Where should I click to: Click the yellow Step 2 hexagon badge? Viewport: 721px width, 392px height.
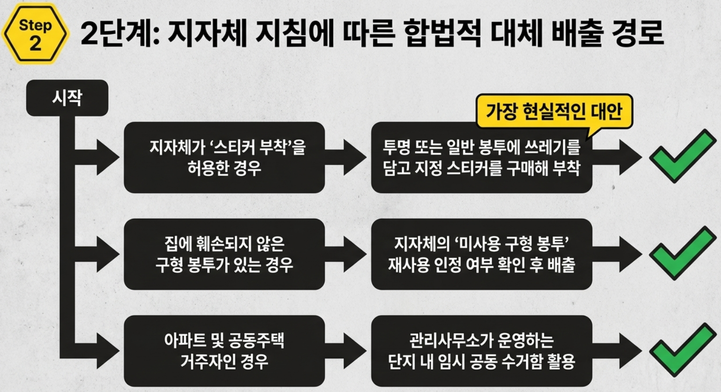tap(35, 34)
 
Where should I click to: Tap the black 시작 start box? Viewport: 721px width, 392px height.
tap(67, 98)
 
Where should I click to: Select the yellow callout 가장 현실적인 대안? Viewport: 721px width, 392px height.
tap(554, 111)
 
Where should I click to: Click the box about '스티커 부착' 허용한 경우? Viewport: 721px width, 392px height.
tap(224, 157)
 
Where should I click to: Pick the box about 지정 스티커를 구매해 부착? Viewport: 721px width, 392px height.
tap(481, 157)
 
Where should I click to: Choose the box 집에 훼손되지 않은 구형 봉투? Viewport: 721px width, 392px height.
tap(224, 254)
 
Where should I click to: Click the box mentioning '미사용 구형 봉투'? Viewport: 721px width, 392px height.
tap(481, 254)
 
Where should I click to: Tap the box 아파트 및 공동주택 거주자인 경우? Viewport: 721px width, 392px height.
tap(224, 351)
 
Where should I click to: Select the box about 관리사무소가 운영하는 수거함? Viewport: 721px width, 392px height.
tap(481, 351)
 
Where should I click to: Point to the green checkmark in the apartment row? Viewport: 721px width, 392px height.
tap(682, 349)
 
